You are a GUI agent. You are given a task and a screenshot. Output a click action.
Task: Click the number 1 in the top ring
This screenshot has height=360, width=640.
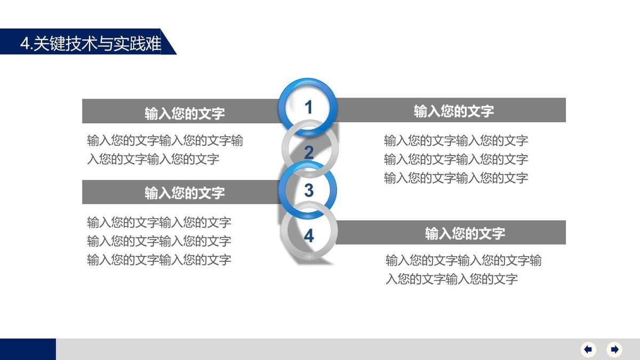tap(308, 108)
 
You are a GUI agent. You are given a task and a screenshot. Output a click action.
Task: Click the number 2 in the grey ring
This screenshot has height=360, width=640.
tap(309, 153)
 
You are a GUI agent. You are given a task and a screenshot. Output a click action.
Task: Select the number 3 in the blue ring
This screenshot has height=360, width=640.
tap(309, 190)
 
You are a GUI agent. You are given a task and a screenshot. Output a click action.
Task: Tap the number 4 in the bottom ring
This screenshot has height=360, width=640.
tap(309, 236)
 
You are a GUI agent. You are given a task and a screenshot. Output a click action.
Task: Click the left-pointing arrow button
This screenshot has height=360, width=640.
tap(588, 349)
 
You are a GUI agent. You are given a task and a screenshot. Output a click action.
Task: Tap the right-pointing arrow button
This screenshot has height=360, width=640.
tap(614, 349)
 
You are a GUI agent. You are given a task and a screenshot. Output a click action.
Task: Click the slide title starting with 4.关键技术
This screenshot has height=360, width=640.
tap(90, 44)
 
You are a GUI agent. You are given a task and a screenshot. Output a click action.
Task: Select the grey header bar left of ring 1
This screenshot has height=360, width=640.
tap(181, 113)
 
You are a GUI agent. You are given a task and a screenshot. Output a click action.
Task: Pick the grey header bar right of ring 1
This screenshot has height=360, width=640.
tap(453, 110)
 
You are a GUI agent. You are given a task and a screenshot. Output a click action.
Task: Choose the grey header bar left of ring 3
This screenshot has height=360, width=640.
tap(181, 193)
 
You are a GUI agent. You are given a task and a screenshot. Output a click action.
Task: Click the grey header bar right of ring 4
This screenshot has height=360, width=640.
tap(464, 233)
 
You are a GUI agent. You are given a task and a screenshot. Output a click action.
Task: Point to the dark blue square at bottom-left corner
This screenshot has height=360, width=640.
tap(28, 349)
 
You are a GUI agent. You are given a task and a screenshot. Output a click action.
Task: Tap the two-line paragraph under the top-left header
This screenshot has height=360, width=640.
tap(165, 150)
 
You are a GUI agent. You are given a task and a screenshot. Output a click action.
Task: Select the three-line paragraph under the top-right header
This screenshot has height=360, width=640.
tap(456, 159)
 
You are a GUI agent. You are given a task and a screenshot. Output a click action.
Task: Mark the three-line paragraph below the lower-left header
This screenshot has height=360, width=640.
tap(159, 241)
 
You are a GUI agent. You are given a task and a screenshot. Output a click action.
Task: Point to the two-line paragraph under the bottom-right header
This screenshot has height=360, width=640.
tap(463, 269)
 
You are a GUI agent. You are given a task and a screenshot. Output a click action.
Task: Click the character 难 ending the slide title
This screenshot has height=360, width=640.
tap(153, 44)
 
